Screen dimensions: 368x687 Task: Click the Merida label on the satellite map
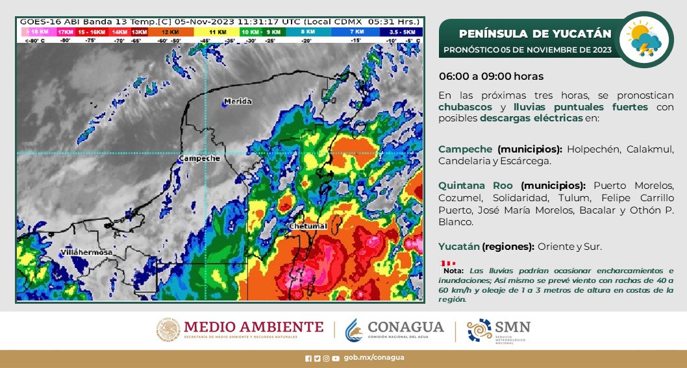coord(237,101)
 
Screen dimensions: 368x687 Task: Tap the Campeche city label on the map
coord(199,158)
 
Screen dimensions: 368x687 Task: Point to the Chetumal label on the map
coord(307,226)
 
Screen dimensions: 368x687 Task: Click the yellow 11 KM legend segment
coord(216,31)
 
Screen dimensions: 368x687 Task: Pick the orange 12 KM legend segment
coord(170,31)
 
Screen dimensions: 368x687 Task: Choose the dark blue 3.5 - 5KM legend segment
coord(403,31)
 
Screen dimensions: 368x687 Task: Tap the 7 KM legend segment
coord(356,31)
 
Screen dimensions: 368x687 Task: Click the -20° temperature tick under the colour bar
coord(306,40)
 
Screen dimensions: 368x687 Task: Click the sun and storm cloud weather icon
coord(643,40)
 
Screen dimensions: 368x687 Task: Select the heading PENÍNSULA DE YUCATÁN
coord(534,34)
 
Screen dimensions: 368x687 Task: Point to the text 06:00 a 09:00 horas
coord(491,77)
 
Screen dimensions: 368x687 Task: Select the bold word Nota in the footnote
coord(453,270)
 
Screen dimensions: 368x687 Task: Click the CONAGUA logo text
coord(405,328)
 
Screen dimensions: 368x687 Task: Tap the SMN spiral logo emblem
coord(479,330)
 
